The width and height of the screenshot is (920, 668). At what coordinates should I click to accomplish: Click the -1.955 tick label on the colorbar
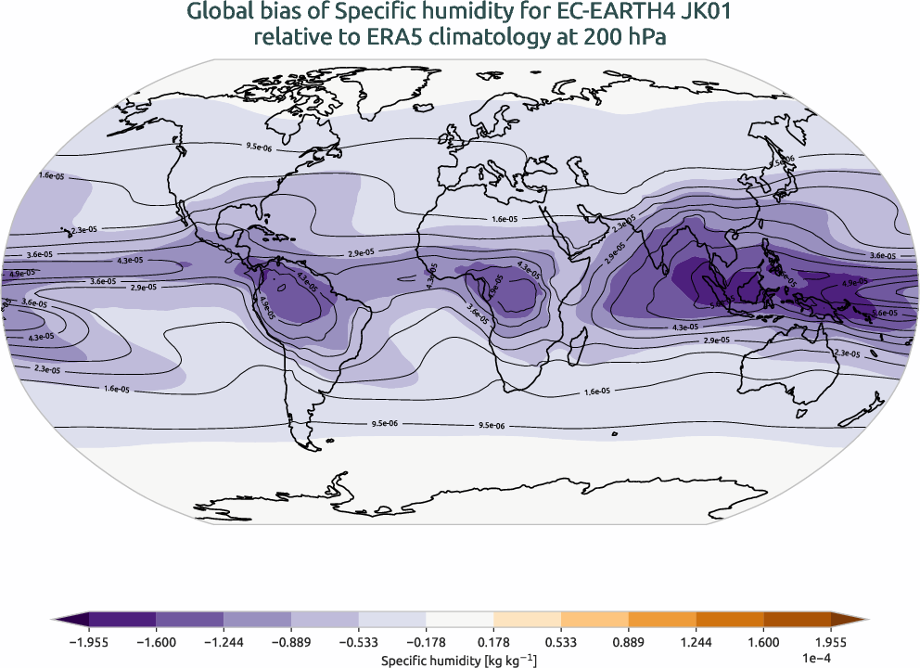click(x=89, y=639)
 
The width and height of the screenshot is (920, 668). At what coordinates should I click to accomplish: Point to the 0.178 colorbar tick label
click(x=493, y=639)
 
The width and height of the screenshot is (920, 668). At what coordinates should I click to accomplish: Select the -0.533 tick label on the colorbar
click(x=359, y=639)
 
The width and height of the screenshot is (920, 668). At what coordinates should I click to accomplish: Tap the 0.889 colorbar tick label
click(x=628, y=639)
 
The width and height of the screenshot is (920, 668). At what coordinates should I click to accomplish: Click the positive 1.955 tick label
click(x=831, y=639)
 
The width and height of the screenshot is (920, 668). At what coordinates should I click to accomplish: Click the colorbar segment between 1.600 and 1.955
click(x=797, y=619)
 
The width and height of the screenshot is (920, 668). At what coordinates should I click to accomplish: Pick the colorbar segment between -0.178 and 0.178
click(x=459, y=619)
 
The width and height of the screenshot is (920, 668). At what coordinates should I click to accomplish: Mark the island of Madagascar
click(x=581, y=337)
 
